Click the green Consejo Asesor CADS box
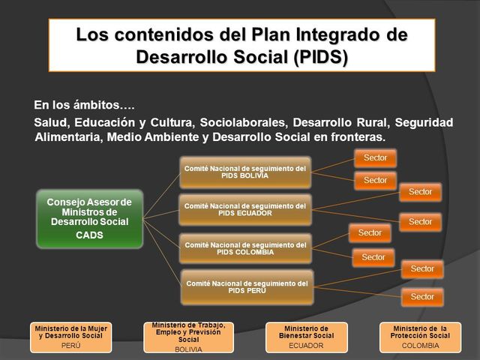point(90,218)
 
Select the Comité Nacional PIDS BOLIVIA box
point(245,172)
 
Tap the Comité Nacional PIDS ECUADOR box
point(245,209)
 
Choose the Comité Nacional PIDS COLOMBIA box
point(245,248)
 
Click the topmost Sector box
point(375,157)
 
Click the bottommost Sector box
point(422,297)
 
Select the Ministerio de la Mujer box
point(72,337)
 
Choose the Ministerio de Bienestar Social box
point(306,337)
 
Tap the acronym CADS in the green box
point(90,235)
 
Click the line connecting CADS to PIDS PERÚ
point(161,255)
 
